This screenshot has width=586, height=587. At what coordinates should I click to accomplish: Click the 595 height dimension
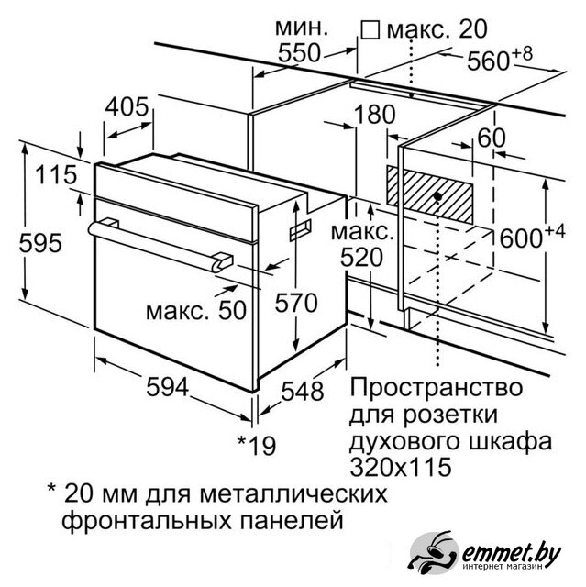(x=40, y=243)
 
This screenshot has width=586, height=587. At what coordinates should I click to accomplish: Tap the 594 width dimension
(x=167, y=387)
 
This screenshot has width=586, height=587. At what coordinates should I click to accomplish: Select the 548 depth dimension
(x=303, y=392)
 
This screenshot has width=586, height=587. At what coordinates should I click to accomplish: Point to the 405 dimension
(x=127, y=106)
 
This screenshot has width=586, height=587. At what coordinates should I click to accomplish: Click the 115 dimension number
(x=56, y=175)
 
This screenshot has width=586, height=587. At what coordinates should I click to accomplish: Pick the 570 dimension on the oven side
(x=296, y=303)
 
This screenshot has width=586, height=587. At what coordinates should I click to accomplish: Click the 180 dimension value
(x=374, y=114)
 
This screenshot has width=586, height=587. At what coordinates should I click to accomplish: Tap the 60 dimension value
(x=492, y=138)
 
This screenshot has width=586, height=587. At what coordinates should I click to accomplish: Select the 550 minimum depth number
(x=299, y=52)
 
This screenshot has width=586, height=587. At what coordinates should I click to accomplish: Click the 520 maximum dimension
(x=362, y=257)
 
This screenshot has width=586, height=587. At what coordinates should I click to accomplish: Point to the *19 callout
(x=257, y=445)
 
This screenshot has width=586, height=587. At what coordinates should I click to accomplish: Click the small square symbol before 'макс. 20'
(x=370, y=29)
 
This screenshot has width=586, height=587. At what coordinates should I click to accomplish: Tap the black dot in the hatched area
(x=437, y=195)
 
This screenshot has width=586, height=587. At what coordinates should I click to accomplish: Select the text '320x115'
(x=401, y=467)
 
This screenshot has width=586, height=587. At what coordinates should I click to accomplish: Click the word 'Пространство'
(x=436, y=388)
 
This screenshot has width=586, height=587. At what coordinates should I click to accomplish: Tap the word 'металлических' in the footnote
(x=293, y=494)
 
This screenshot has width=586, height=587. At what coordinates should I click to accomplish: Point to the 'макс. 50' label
(x=196, y=311)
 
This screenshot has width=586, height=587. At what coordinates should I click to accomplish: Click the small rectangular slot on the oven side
(x=300, y=229)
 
